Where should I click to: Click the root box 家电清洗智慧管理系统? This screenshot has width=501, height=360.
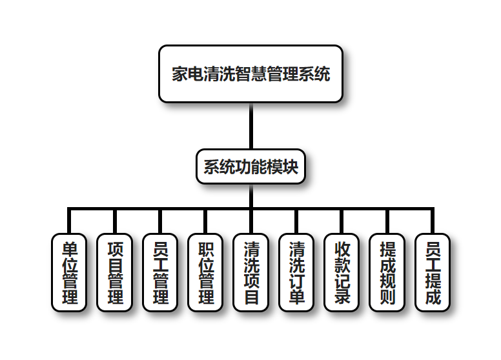click(251, 74)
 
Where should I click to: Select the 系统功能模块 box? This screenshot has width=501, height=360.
click(251, 167)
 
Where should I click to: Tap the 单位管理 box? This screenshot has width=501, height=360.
click(69, 272)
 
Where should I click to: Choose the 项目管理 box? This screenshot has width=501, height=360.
click(114, 272)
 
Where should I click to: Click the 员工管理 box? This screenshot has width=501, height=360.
click(159, 272)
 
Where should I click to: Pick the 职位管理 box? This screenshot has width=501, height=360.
click(205, 272)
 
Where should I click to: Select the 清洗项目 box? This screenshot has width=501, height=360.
click(251, 272)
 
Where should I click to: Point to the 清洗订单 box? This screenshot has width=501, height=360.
click(296, 272)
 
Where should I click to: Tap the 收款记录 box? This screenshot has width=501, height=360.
click(342, 272)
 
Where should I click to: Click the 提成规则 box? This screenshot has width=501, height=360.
click(387, 272)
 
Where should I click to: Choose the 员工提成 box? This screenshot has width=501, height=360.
click(433, 272)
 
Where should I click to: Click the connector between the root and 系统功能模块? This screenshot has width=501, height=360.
click(251, 126)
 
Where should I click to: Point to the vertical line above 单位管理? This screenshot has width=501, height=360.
click(69, 221)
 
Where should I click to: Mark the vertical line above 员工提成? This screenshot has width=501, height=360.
click(433, 221)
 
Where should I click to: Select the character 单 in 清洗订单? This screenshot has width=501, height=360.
click(296, 297)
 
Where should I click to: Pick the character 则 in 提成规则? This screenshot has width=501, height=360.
click(387, 297)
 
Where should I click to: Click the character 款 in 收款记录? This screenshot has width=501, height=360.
click(342, 265)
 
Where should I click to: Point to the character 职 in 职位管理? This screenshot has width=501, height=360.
click(205, 248)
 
